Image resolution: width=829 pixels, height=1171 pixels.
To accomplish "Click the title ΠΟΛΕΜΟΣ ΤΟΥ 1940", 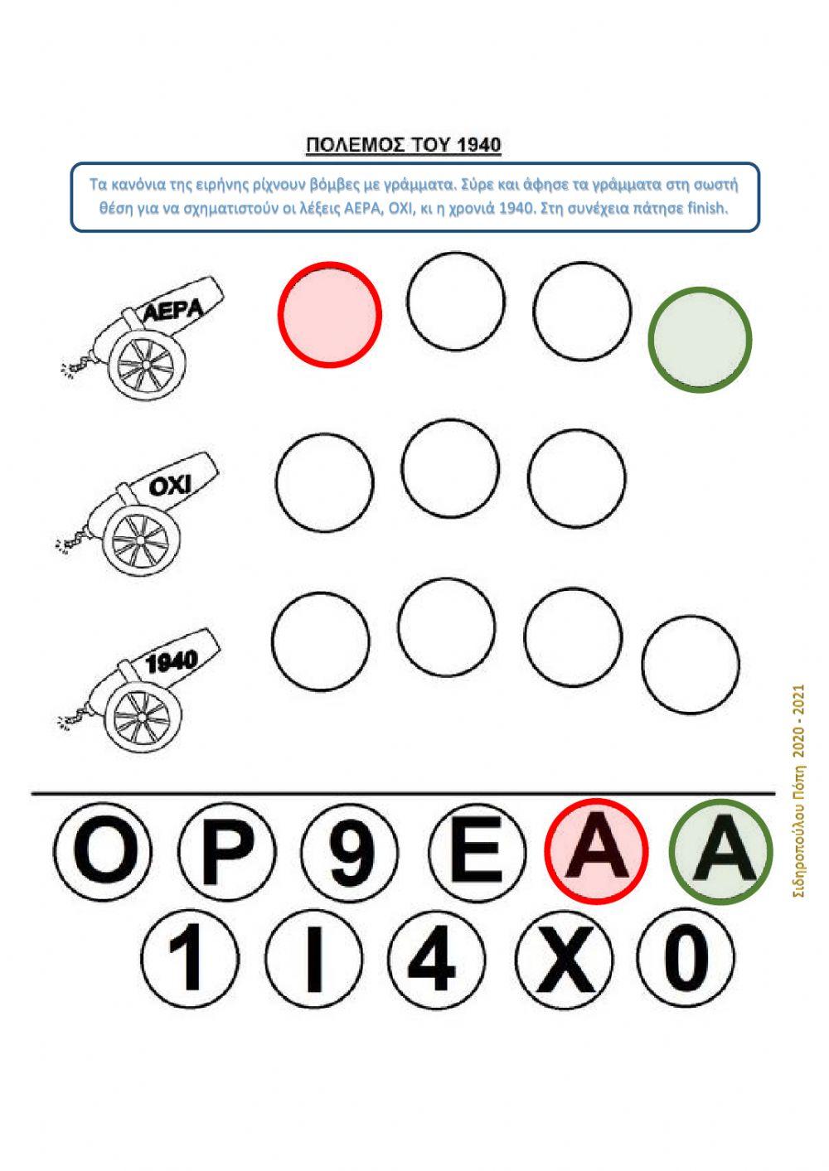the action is point(403,145).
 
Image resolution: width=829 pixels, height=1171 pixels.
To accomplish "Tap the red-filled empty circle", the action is point(329,315).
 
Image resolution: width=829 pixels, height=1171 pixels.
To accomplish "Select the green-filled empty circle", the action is point(700,339).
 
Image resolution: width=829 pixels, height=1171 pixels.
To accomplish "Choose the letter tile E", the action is point(477,853).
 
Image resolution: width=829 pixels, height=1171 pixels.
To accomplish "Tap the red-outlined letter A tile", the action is point(597,852).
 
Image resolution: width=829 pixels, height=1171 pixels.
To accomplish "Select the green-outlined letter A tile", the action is point(721,852).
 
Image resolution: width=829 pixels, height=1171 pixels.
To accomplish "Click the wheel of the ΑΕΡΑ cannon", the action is point(147,363).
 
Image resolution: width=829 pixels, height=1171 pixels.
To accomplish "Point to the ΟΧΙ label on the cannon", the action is point(169,487).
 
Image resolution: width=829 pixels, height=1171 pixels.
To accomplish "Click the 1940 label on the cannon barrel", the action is point(172,662).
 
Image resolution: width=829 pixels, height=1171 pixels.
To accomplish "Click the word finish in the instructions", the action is point(708,209).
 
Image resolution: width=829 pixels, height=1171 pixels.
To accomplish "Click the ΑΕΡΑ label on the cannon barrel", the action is point(172,311).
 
